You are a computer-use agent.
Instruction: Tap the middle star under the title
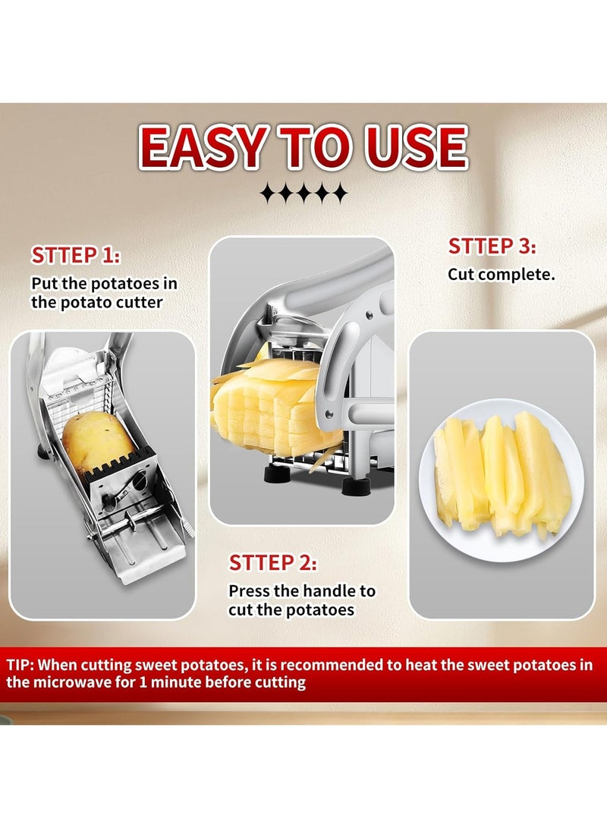coord(304,194)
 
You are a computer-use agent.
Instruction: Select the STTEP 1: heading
coord(75,256)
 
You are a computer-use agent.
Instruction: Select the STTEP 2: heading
coord(273,563)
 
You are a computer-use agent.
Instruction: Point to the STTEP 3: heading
coord(492,246)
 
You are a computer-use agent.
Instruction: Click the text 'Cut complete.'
coord(502,275)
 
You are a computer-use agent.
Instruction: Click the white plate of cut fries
coord(502,480)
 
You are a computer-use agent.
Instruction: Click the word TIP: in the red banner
coord(20,665)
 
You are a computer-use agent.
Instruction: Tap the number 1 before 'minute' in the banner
coord(143,682)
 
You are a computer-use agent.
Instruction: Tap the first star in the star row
coord(269,194)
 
